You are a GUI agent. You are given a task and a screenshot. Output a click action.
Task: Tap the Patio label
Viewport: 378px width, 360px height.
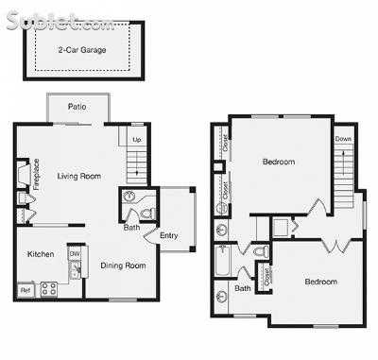pyautogui.click(x=77, y=108)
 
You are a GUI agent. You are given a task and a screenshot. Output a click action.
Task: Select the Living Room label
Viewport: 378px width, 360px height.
pyautogui.click(x=78, y=176)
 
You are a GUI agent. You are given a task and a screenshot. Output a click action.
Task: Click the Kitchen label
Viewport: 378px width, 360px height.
pyautogui.click(x=41, y=254)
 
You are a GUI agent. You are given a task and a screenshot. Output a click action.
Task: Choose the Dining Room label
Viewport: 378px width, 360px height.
pyautogui.click(x=123, y=266)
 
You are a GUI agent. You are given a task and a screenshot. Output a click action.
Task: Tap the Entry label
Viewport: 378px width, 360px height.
pyautogui.click(x=169, y=235)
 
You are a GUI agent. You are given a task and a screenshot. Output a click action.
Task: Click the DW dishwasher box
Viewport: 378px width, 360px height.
pyautogui.click(x=75, y=253)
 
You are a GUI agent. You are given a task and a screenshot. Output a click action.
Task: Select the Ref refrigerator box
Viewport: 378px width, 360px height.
pyautogui.click(x=26, y=289)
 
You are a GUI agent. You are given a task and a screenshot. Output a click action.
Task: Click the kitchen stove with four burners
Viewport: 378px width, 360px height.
pyautogui.click(x=48, y=288)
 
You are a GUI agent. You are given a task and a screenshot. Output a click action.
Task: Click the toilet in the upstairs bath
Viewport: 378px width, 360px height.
pyautogui.click(x=256, y=252)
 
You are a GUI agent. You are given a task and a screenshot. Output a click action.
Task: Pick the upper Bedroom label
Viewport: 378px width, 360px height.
pyautogui.click(x=278, y=162)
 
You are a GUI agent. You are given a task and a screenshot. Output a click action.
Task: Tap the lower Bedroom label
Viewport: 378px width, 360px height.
pyautogui.click(x=321, y=281)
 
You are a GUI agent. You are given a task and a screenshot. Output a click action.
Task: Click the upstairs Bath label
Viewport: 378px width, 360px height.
pyautogui.click(x=243, y=288)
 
